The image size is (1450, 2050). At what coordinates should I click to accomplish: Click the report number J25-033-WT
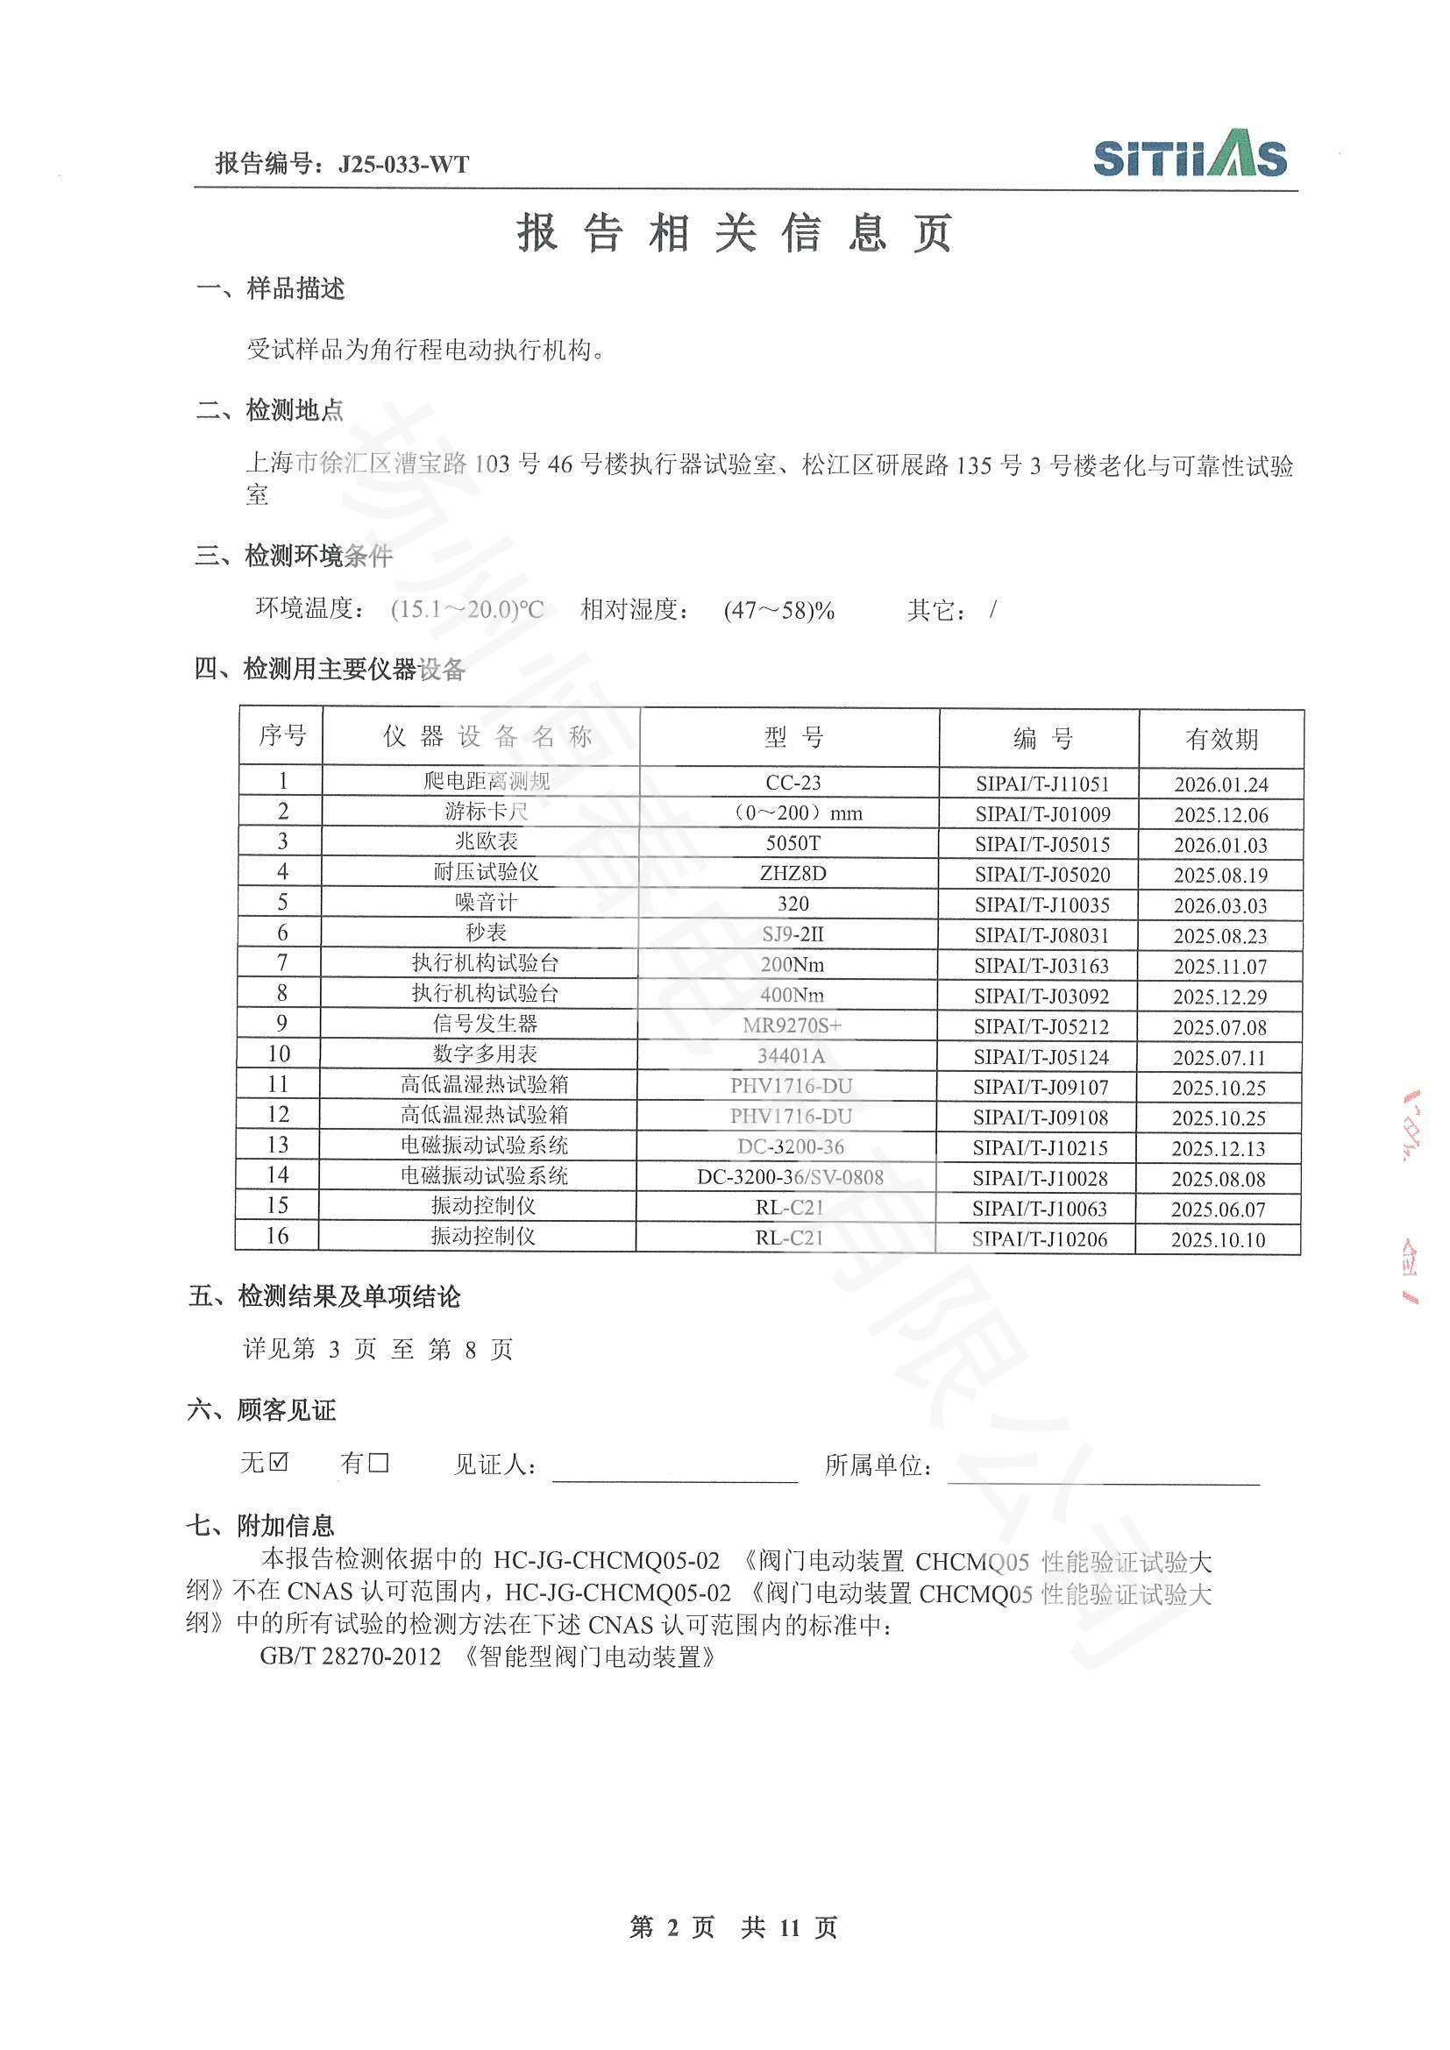(403, 164)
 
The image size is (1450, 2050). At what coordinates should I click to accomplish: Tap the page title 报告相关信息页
(735, 234)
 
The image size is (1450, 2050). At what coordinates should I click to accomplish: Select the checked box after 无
(279, 1463)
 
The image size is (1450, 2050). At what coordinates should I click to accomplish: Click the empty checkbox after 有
(379, 1463)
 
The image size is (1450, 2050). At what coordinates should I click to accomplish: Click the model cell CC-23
(793, 783)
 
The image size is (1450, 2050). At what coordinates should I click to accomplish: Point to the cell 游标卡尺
(486, 812)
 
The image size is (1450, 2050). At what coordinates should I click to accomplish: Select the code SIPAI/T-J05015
(1042, 844)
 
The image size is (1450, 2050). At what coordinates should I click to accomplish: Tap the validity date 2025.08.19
(1219, 875)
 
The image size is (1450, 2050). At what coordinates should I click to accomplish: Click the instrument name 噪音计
(486, 903)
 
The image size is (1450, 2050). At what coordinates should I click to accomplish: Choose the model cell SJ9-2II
(793, 935)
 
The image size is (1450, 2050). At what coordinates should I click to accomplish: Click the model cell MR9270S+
(792, 1026)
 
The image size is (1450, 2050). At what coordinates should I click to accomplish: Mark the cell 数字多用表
(485, 1054)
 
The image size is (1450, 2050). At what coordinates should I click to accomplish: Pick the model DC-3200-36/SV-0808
(790, 1178)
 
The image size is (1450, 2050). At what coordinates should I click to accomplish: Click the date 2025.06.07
(1218, 1209)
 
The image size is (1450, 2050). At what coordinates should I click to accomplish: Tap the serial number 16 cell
(278, 1236)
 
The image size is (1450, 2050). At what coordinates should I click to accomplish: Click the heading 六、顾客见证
(261, 1410)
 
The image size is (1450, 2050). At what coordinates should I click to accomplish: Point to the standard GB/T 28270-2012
(351, 1657)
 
